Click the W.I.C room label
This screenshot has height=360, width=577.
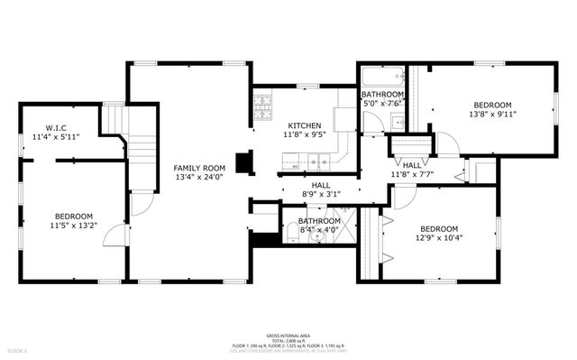click(56, 127)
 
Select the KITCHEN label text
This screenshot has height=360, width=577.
click(304, 125)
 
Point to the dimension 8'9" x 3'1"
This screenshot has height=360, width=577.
click(319, 193)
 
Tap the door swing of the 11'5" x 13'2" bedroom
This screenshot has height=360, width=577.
click(112, 236)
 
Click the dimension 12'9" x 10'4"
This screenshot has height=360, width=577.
click(438, 238)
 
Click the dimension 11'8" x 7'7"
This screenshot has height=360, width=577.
click(412, 174)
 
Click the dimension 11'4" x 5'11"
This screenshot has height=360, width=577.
click(56, 136)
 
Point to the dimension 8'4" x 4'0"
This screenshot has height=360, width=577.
click(319, 230)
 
